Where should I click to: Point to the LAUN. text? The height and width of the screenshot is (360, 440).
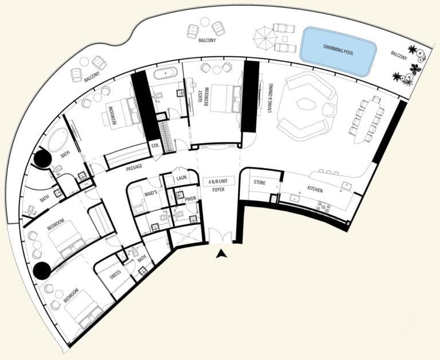tap(183, 178)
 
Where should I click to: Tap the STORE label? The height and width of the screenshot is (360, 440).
tap(260, 182)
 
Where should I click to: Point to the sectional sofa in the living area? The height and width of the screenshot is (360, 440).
tap(307, 104)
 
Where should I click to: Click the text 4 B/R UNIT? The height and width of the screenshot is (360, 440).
tap(218, 181)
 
